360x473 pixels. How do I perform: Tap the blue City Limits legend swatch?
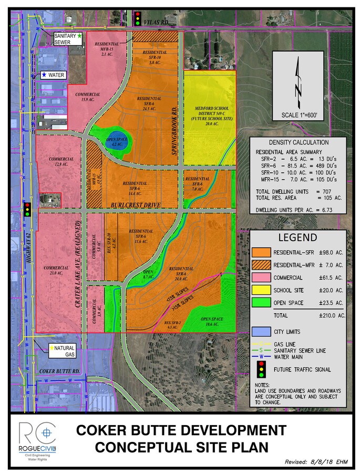(x=261, y=332)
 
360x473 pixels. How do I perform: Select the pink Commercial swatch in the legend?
(x=261, y=277)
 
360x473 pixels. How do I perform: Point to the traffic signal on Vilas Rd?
(x=138, y=18)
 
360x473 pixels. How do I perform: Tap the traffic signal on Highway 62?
(x=26, y=209)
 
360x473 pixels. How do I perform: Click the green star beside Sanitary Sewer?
(x=79, y=36)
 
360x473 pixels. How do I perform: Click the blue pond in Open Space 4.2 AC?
(x=119, y=142)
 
